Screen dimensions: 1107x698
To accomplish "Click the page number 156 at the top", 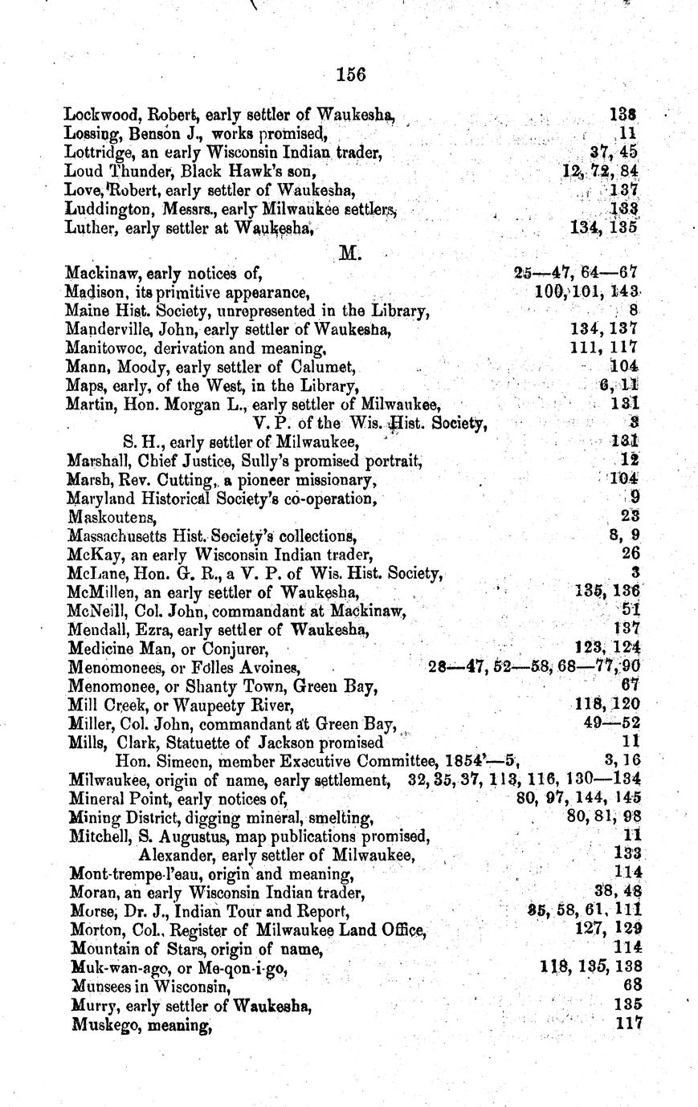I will (x=351, y=75).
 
